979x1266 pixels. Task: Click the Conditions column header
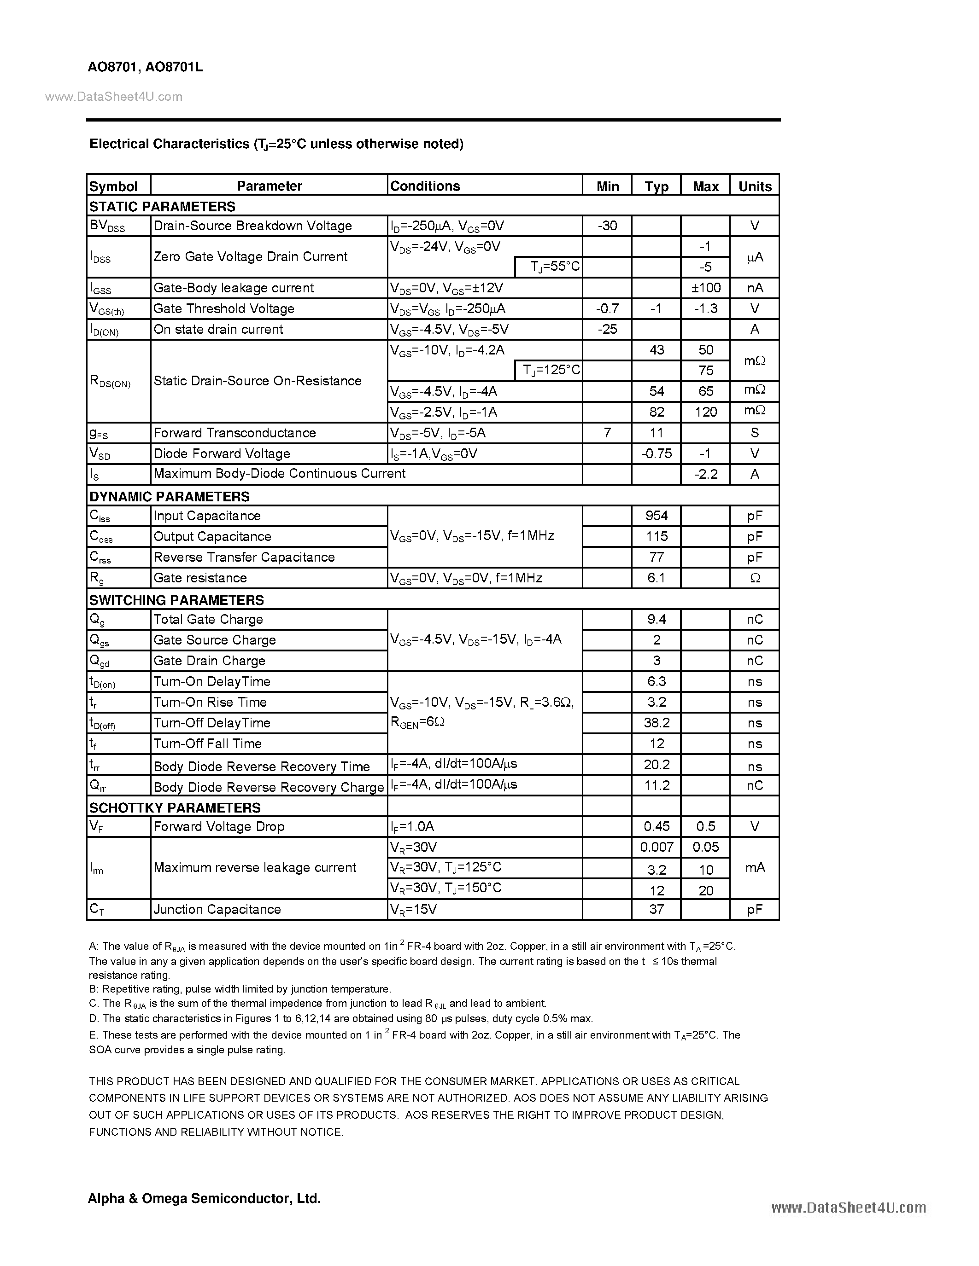(425, 186)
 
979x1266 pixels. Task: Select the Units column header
(755, 186)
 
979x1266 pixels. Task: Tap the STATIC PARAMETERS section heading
(162, 206)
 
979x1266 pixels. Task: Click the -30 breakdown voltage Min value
(607, 226)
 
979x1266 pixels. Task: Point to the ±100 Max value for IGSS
(706, 288)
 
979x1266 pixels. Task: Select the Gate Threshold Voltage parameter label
(224, 308)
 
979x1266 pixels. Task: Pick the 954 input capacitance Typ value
(657, 515)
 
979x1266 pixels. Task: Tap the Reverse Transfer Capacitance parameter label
(244, 557)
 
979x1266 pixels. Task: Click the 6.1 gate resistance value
(657, 578)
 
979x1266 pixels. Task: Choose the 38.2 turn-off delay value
(657, 723)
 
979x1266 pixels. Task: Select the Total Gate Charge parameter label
(208, 619)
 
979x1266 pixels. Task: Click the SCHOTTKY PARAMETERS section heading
(175, 807)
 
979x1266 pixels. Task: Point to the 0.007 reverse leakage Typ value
(657, 847)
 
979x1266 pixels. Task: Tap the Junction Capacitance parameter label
(217, 909)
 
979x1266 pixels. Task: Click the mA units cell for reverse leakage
(755, 867)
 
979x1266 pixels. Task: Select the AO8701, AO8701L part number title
(146, 67)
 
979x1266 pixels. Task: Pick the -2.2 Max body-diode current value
(706, 474)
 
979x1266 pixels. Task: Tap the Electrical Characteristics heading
(276, 144)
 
